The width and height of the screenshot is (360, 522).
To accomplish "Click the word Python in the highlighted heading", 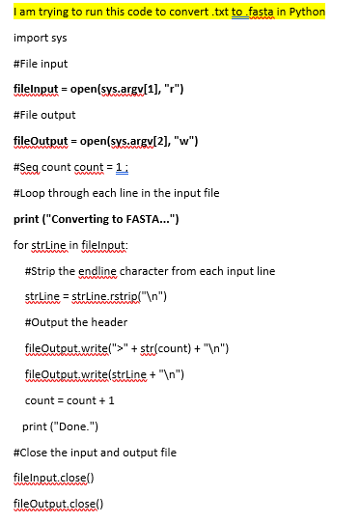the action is pyautogui.click(x=306, y=13).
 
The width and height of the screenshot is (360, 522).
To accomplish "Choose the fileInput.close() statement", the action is pyautogui.click(x=51, y=478).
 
